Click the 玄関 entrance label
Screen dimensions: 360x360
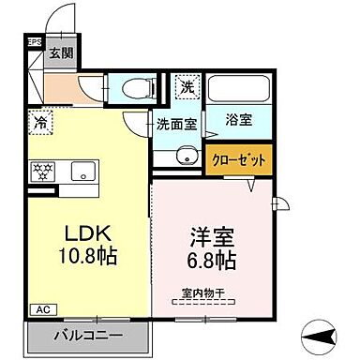point(61,53)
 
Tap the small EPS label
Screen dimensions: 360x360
point(35,42)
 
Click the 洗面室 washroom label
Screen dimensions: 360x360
point(175,122)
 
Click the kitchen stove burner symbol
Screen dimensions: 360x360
point(42,172)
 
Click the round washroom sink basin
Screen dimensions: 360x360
point(187,156)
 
